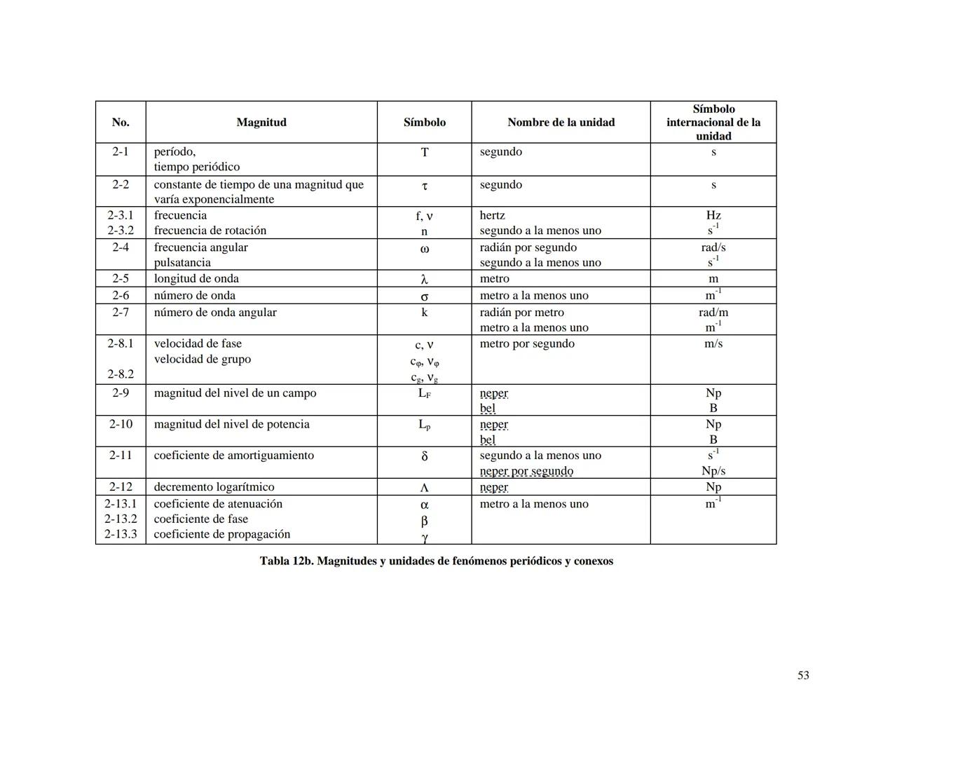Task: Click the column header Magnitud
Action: [261, 122]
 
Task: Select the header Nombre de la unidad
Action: [561, 122]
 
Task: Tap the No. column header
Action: [121, 122]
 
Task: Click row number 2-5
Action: [121, 278]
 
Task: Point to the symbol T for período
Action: [424, 152]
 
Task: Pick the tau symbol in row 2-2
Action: [424, 186]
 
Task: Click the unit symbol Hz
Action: [713, 215]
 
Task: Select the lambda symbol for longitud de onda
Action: [424, 279]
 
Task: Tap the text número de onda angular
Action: [215, 312]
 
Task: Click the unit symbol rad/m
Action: [713, 312]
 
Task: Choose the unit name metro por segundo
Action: [527, 343]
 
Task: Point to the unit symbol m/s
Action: [713, 343]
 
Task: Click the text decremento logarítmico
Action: [214, 486]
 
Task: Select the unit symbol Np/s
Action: [713, 471]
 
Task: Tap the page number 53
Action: [803, 675]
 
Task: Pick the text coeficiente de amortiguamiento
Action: [234, 455]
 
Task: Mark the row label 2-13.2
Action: [121, 519]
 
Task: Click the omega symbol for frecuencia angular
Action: [424, 249]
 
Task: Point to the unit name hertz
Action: [492, 215]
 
